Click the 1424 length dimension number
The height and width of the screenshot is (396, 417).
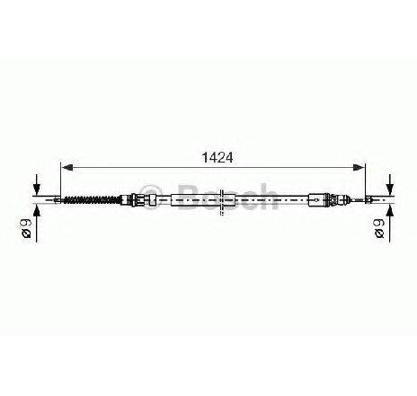click(217, 158)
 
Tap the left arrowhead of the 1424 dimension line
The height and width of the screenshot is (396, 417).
click(67, 168)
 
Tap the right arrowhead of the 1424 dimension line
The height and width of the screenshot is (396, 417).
click(359, 168)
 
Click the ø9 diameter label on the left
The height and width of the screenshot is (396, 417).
click(27, 228)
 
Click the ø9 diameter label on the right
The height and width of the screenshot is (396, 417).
click(379, 228)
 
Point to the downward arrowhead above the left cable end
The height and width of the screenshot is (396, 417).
click(37, 189)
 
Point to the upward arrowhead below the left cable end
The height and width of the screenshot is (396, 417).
click(37, 209)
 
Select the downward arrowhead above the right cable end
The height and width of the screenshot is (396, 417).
click(390, 189)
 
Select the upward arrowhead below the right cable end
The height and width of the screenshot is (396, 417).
click(390, 209)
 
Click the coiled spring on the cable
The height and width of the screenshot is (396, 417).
click(92, 199)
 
